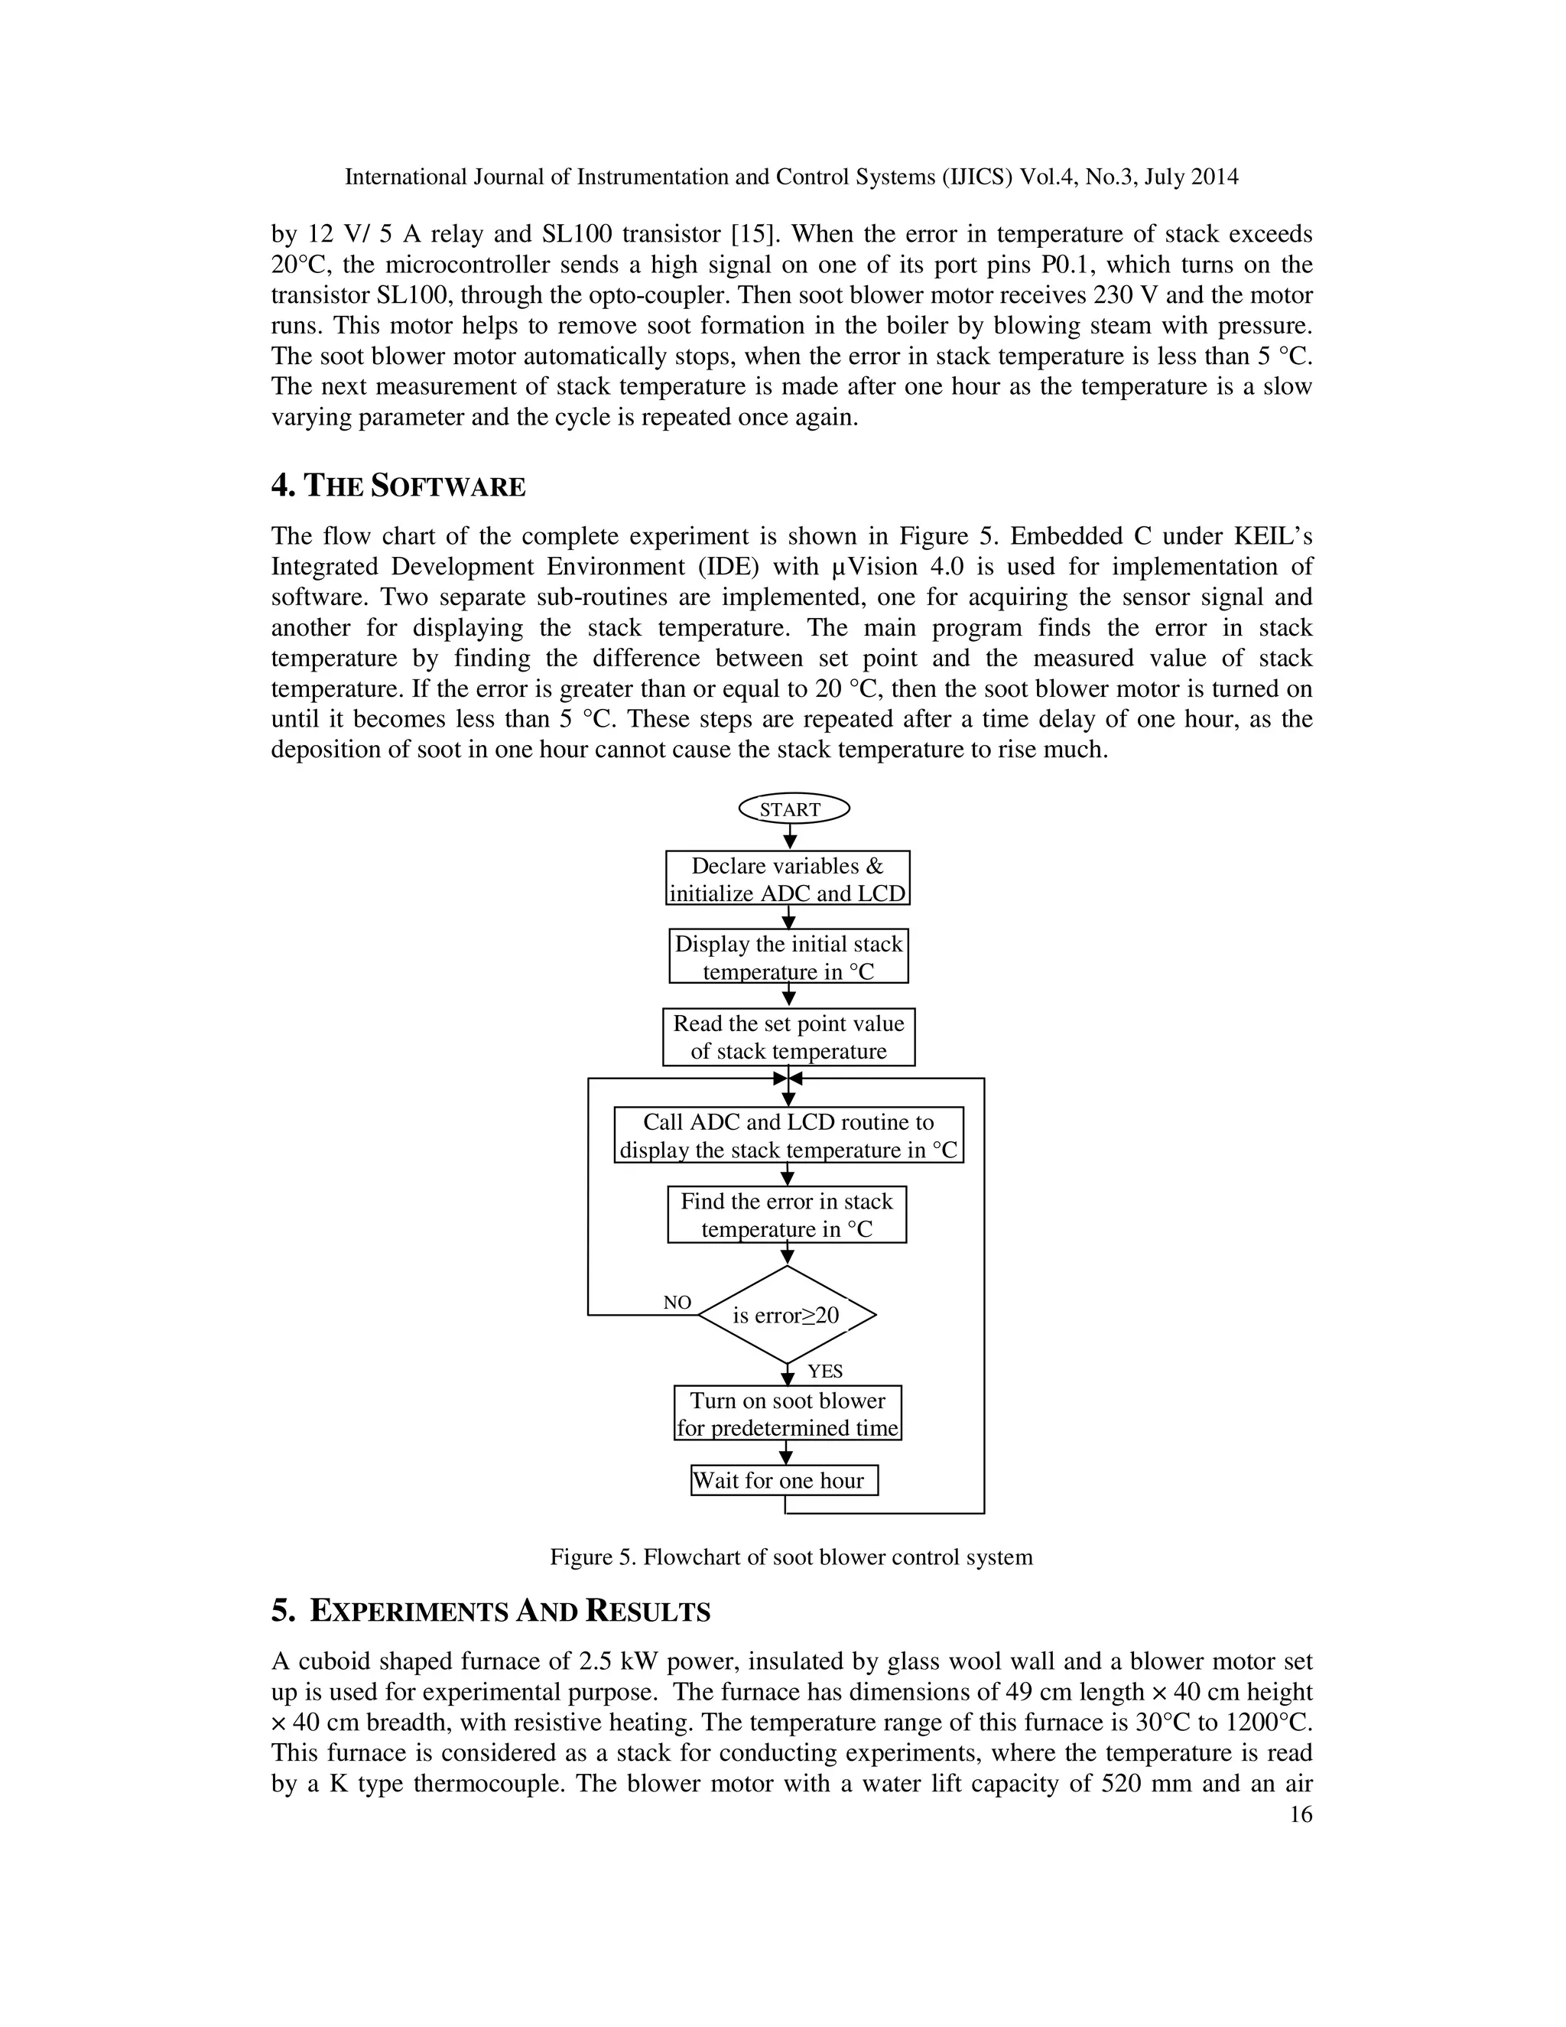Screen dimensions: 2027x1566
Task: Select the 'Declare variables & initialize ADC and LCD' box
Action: click(x=788, y=878)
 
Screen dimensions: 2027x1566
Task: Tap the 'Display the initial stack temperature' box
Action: click(x=788, y=956)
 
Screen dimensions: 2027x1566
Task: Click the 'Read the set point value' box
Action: click(x=788, y=1036)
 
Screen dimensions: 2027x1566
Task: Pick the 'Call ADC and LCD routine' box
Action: click(x=788, y=1135)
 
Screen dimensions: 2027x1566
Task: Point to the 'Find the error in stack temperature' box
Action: click(x=787, y=1214)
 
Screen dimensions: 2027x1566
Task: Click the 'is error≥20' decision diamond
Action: click(x=787, y=1315)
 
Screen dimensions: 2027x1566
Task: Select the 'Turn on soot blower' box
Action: click(x=788, y=1413)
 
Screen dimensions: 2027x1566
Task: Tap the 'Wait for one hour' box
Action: click(x=785, y=1480)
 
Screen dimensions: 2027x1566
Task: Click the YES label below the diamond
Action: click(x=825, y=1371)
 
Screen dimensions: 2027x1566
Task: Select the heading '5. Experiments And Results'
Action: click(x=491, y=1611)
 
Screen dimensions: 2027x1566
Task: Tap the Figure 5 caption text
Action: click(x=791, y=1557)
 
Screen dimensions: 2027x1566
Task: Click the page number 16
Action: click(x=1301, y=1814)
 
